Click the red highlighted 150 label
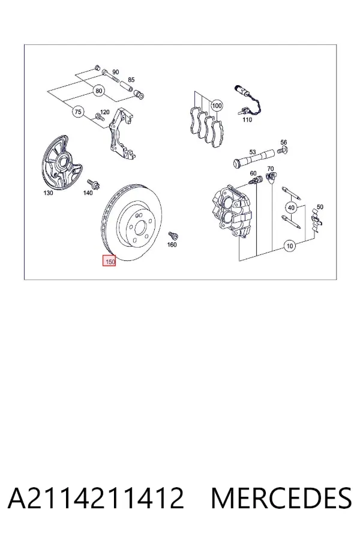tap(109, 260)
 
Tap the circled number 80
tap(99, 91)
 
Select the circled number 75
tap(78, 112)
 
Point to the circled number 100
tap(217, 106)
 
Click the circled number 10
tap(290, 246)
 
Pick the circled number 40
tap(292, 208)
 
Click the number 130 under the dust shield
tap(48, 193)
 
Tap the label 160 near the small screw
tap(172, 245)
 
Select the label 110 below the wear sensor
tap(247, 119)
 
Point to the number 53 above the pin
tap(253, 152)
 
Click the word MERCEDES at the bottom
tap(281, 498)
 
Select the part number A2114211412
tap(96, 498)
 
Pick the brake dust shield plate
tap(61, 162)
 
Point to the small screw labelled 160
tap(173, 236)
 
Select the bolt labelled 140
tap(93, 184)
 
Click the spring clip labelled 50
tap(317, 220)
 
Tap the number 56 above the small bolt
tap(284, 142)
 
